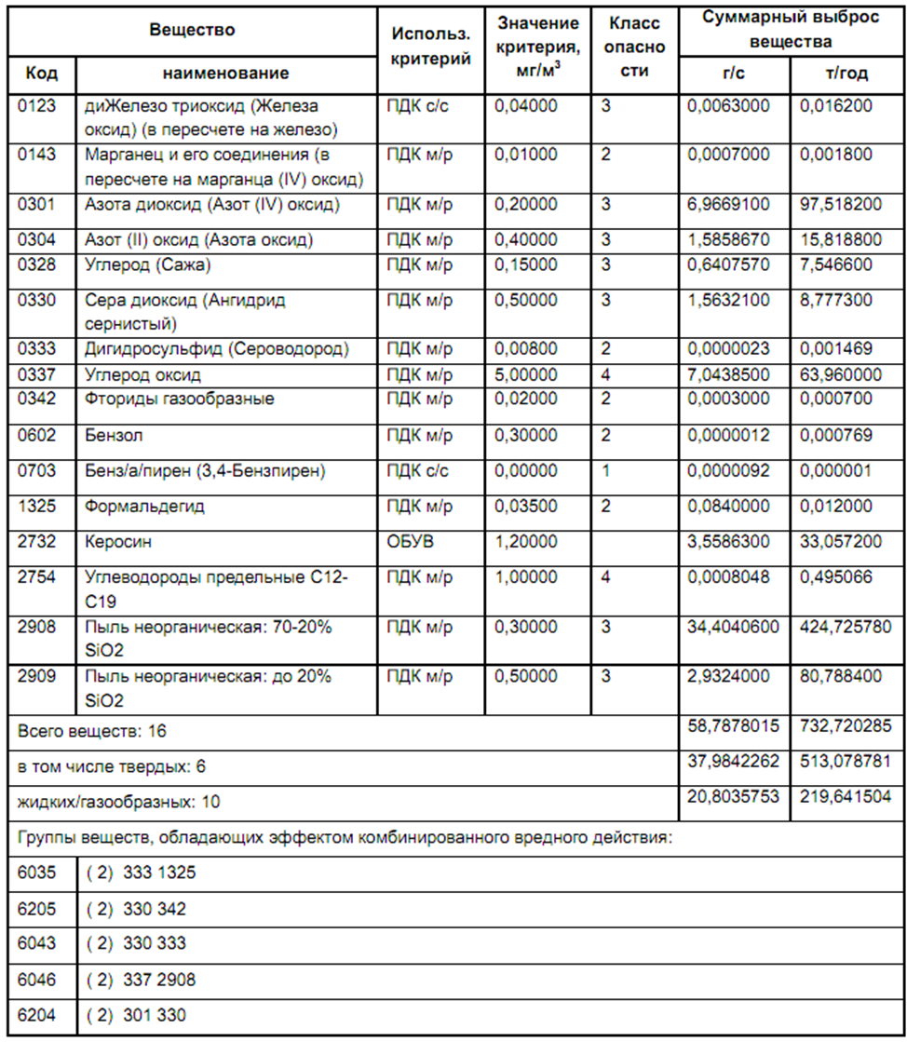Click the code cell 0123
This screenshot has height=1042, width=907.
click(37, 106)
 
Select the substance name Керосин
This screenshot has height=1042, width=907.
click(115, 540)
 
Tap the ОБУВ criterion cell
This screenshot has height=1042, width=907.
click(408, 540)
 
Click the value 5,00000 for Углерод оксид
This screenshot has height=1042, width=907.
click(525, 374)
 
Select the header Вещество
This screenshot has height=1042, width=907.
click(193, 29)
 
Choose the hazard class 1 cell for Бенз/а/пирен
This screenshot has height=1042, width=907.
click(606, 470)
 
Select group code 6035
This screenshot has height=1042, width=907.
click(37, 873)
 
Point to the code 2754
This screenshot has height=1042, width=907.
click(37, 577)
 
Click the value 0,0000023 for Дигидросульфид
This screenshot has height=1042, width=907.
click(728, 349)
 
